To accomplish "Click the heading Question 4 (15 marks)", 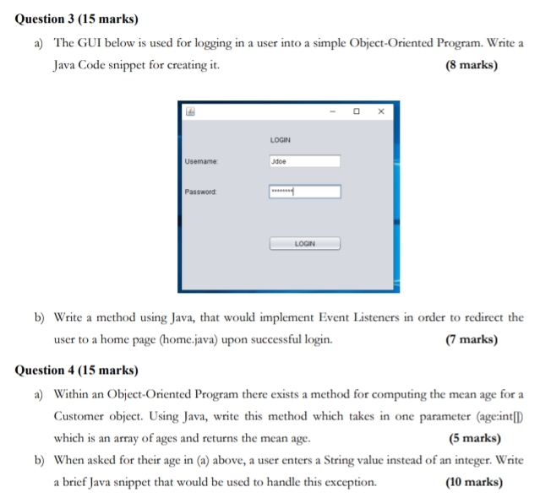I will coord(77,370).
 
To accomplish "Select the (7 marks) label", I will coord(471,340).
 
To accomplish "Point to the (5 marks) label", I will coord(474,438).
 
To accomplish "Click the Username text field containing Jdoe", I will coord(304,161).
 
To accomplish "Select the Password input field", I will coord(304,192).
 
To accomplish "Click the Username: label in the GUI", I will coord(201,161).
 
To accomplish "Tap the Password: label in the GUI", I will coord(201,192).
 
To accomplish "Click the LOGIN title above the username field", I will coord(281,139).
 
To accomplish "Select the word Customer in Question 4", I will coord(80,416).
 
